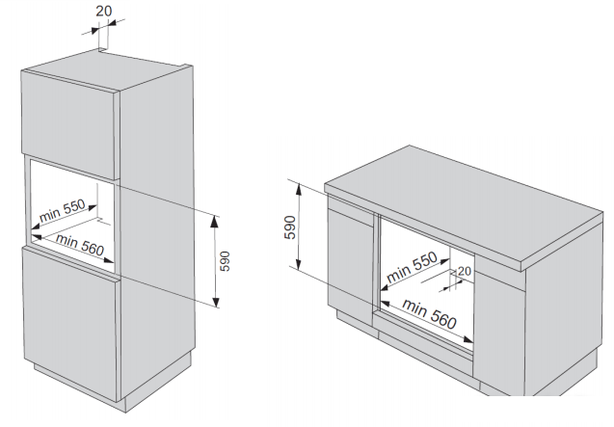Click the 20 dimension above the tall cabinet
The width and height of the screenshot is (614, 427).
[104, 11]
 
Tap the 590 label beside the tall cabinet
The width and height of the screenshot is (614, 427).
[225, 260]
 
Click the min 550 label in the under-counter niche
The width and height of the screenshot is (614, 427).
[412, 268]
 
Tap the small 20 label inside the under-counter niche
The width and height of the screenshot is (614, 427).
[465, 272]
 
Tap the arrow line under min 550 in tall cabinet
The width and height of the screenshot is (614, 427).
[72, 221]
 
